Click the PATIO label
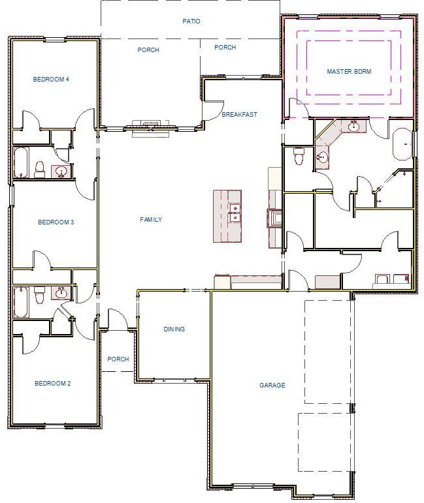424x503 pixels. tap(191, 22)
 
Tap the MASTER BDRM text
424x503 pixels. tap(349, 72)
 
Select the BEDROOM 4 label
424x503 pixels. tap(51, 80)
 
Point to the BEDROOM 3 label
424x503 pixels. tap(56, 222)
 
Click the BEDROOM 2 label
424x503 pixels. tap(52, 384)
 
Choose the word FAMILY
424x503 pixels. tap(151, 220)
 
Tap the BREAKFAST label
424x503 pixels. tap(239, 115)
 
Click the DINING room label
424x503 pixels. tap(174, 329)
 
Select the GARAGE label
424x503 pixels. tap(272, 386)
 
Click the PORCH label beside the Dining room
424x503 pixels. tap(118, 359)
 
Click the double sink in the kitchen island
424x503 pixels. tap(234, 213)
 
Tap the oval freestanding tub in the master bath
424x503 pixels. tap(402, 144)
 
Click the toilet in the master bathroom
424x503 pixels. tap(299, 156)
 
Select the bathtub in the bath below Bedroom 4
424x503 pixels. tap(20, 163)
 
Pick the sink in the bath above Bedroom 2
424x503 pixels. tap(63, 292)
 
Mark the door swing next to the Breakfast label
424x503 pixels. tap(212, 110)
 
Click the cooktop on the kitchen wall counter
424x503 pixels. tap(274, 217)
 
